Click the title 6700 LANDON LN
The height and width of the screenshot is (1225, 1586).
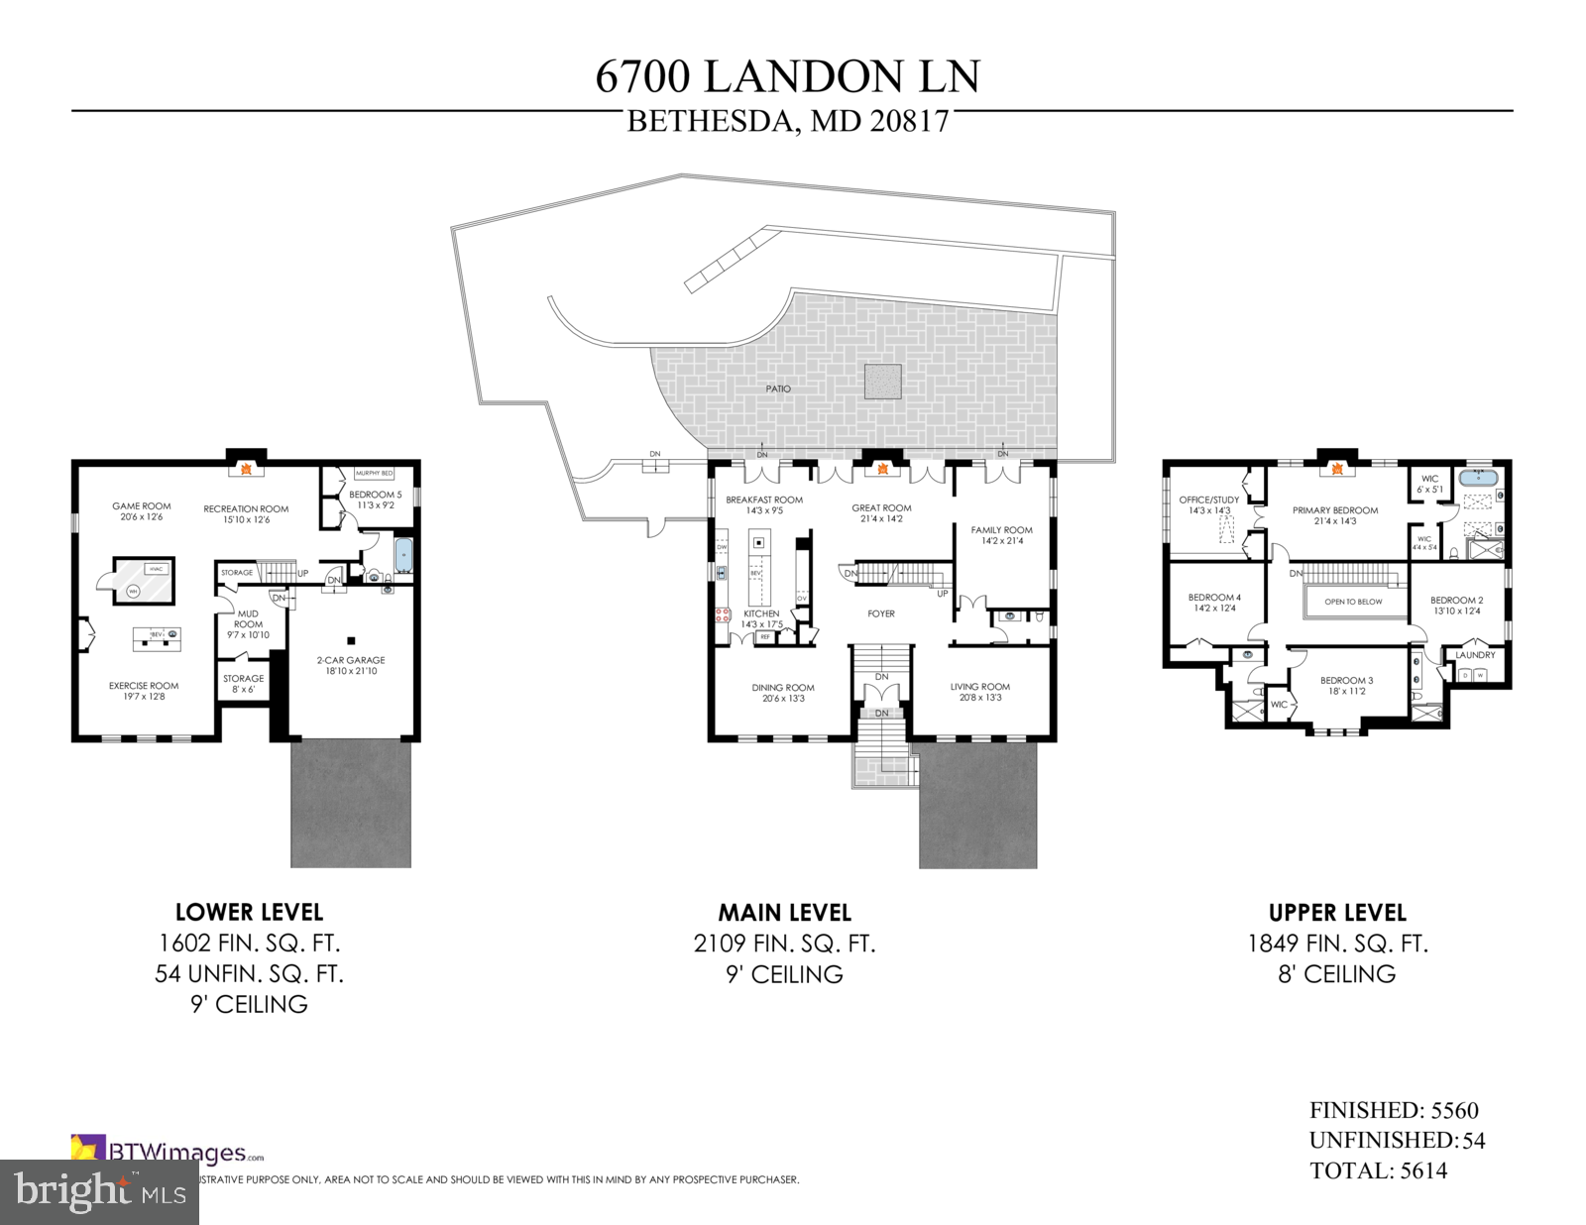[x=788, y=77]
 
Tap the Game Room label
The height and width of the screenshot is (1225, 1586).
[x=142, y=506]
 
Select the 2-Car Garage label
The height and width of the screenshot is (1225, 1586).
[x=351, y=660]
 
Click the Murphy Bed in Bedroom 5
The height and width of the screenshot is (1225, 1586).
[x=374, y=474]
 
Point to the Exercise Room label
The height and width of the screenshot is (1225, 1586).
[x=144, y=686]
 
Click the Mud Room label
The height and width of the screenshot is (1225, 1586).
[x=248, y=619]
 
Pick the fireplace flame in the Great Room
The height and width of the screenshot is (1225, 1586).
[x=881, y=469]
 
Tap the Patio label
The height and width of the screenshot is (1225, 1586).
[x=778, y=389]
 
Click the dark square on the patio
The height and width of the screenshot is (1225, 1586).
[x=882, y=383]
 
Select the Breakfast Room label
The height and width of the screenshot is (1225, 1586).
[x=764, y=501]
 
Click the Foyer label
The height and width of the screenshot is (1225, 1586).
[x=881, y=614]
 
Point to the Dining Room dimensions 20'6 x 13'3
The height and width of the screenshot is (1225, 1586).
[x=783, y=699]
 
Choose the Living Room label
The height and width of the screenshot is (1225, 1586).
[x=980, y=687]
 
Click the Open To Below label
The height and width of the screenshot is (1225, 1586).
[x=1353, y=602]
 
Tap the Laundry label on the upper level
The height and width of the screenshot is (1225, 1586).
[x=1475, y=655]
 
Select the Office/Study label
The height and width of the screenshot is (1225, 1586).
[x=1208, y=500]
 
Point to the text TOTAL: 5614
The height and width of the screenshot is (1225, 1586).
[x=1378, y=1171]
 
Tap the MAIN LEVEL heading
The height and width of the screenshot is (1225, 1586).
[x=784, y=913]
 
